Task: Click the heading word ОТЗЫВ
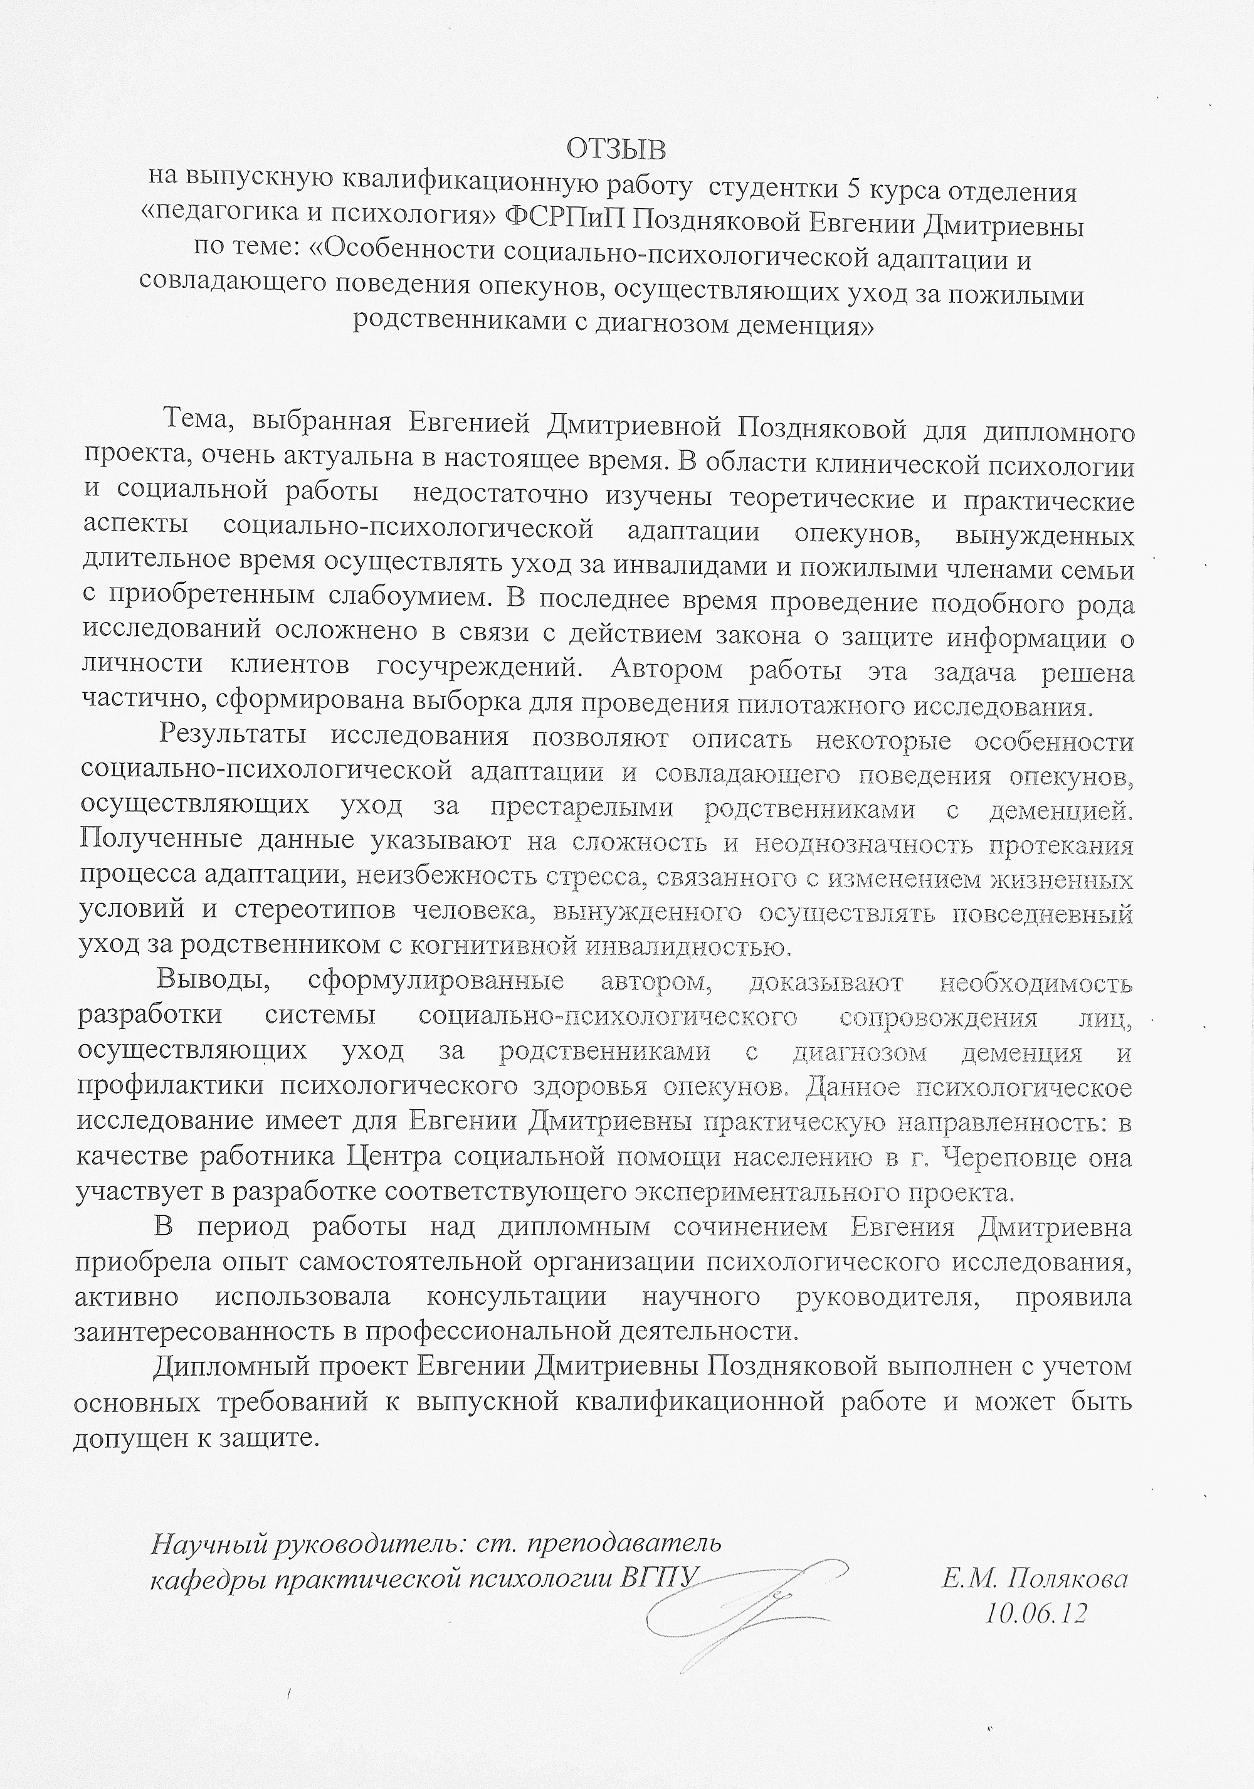coord(616,148)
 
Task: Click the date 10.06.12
coord(1035,1612)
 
